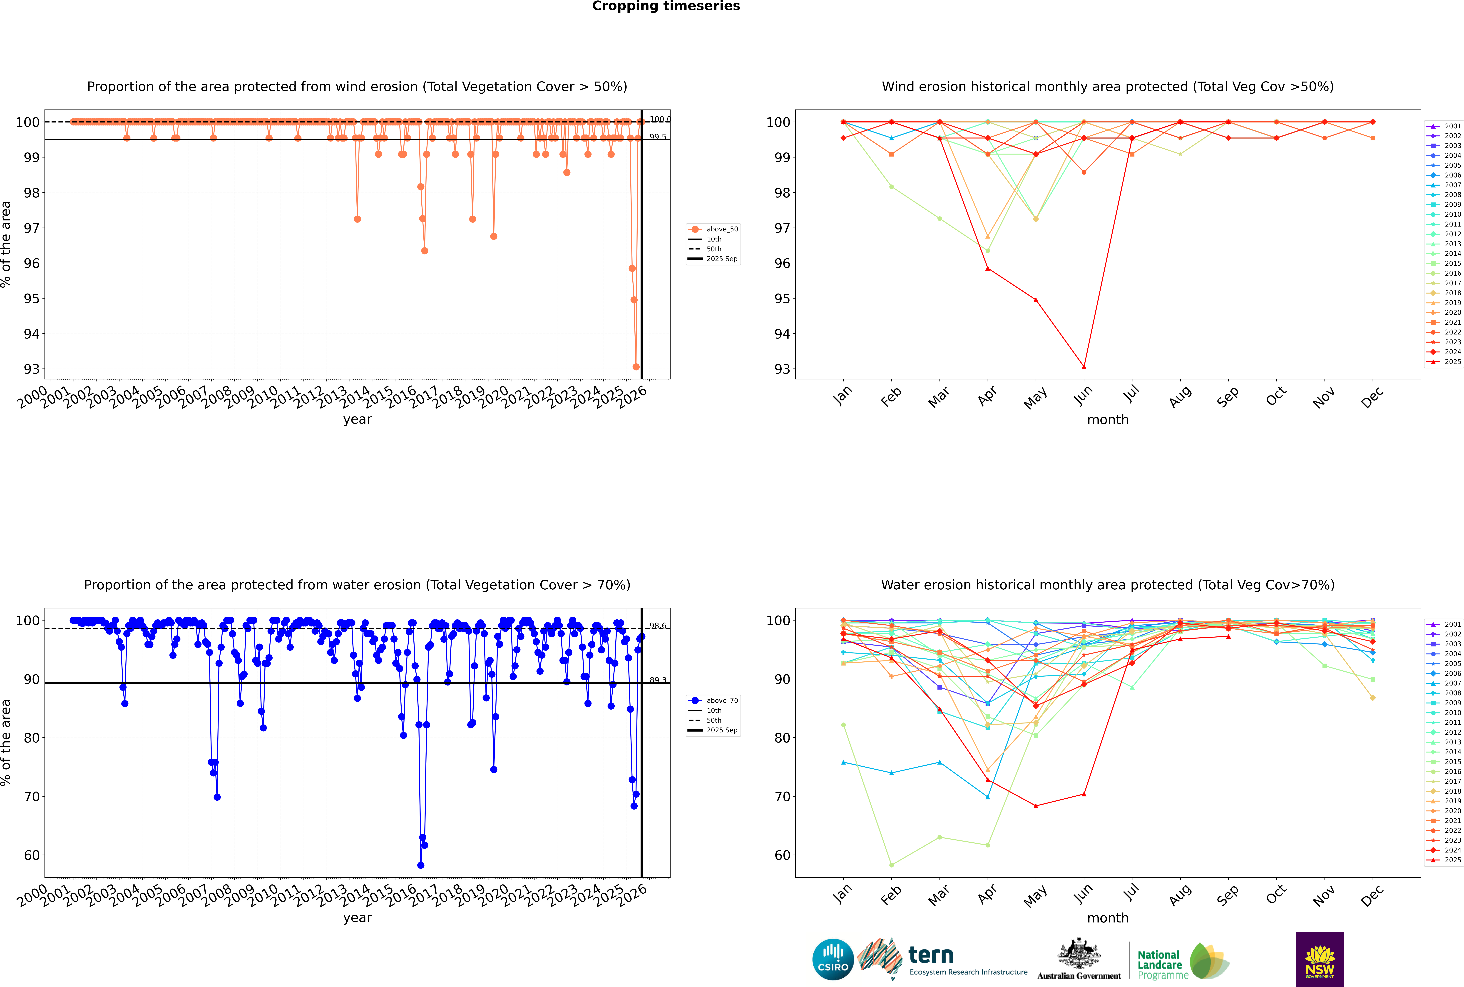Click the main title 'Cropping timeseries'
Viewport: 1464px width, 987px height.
666,6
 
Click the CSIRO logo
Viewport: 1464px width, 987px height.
833,959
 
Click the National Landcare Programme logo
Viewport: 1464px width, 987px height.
1182,961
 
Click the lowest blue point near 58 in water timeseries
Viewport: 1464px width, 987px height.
420,865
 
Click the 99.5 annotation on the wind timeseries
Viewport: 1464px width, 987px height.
658,137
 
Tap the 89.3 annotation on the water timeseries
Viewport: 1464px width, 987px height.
658,680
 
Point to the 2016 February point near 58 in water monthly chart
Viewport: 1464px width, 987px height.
891,865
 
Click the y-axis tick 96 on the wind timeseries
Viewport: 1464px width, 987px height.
31,263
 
